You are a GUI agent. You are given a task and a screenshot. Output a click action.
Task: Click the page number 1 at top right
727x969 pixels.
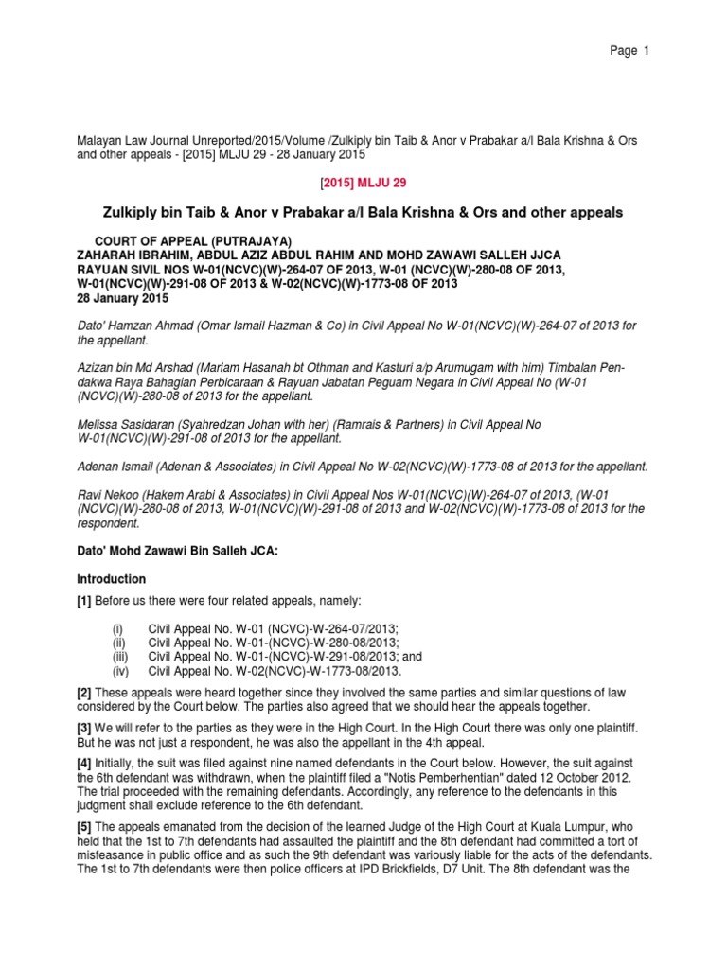coord(645,51)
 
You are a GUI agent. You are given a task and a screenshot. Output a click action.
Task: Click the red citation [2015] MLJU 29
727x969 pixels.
coord(363,182)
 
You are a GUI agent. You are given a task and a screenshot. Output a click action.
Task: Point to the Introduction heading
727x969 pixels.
coord(112,578)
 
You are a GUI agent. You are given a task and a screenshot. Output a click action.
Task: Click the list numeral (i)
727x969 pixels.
coord(117,628)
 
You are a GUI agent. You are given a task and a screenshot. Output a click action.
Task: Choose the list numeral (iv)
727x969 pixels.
coord(119,671)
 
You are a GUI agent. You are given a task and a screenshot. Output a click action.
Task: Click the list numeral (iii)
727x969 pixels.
coord(118,657)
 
